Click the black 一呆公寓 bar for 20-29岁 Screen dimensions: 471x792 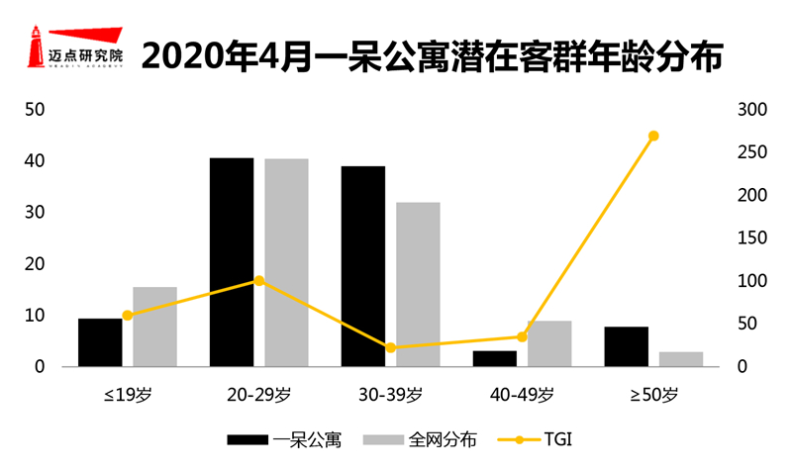point(232,262)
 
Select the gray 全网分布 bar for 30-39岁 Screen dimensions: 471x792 point(418,284)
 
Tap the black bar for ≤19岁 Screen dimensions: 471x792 point(100,342)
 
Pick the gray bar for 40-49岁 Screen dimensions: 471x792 point(549,343)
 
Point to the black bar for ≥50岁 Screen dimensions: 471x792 point(627,346)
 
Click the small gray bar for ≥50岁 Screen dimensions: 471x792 point(681,359)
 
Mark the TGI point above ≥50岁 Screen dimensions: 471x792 point(653,136)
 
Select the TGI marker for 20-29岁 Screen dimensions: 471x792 point(259,281)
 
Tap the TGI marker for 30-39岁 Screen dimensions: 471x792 point(390,347)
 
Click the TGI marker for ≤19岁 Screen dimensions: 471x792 point(128,316)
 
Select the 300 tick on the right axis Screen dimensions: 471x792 point(752,109)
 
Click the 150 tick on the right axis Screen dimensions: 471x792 point(752,237)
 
